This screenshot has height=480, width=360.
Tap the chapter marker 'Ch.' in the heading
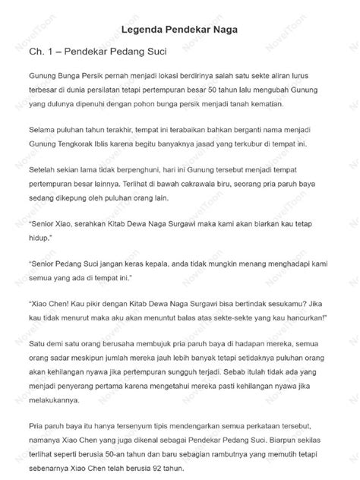click(x=31, y=52)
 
